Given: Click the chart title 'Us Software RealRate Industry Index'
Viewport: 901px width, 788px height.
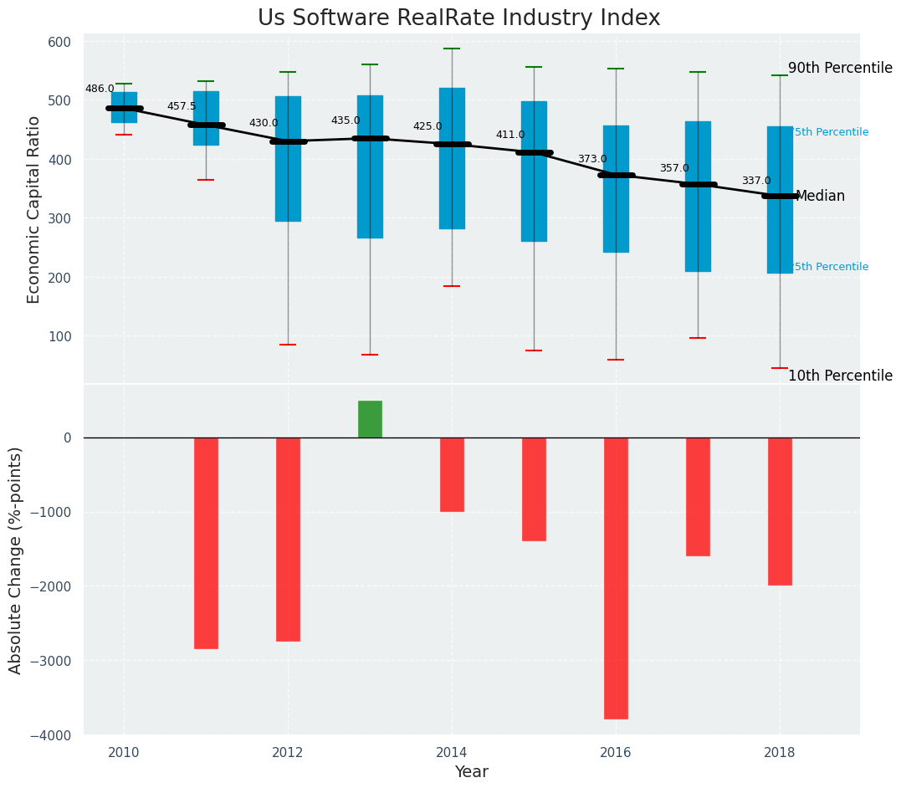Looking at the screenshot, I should pyautogui.click(x=458, y=18).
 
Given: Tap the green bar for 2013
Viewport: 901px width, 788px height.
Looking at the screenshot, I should pyautogui.click(x=370, y=419).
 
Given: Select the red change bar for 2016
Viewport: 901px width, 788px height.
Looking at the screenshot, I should pyautogui.click(x=616, y=577).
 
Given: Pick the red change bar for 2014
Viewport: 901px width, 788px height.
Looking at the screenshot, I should pyautogui.click(x=452, y=474).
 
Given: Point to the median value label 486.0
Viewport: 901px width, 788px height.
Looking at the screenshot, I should pyautogui.click(x=100, y=89).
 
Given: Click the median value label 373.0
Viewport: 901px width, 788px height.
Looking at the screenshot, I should pyautogui.click(x=592, y=159).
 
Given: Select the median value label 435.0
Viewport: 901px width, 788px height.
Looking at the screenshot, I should pyautogui.click(x=346, y=120).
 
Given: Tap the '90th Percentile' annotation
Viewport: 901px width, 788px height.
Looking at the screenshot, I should pyautogui.click(x=840, y=69).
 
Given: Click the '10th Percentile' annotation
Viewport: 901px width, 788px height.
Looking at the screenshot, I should pyautogui.click(x=840, y=376).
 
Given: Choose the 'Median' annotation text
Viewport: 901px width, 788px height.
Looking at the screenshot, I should pyautogui.click(x=820, y=197).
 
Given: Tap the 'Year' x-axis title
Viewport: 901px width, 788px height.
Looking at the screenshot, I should pyautogui.click(x=471, y=772).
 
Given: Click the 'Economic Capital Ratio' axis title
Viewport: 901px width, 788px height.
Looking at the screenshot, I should pyautogui.click(x=34, y=209).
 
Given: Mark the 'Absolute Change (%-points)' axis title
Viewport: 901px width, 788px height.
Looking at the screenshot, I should pyautogui.click(x=16, y=560).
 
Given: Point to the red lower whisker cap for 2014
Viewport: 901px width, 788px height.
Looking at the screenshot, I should pyautogui.click(x=452, y=286).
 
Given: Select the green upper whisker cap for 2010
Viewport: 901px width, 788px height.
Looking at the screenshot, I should pyautogui.click(x=124, y=84).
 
